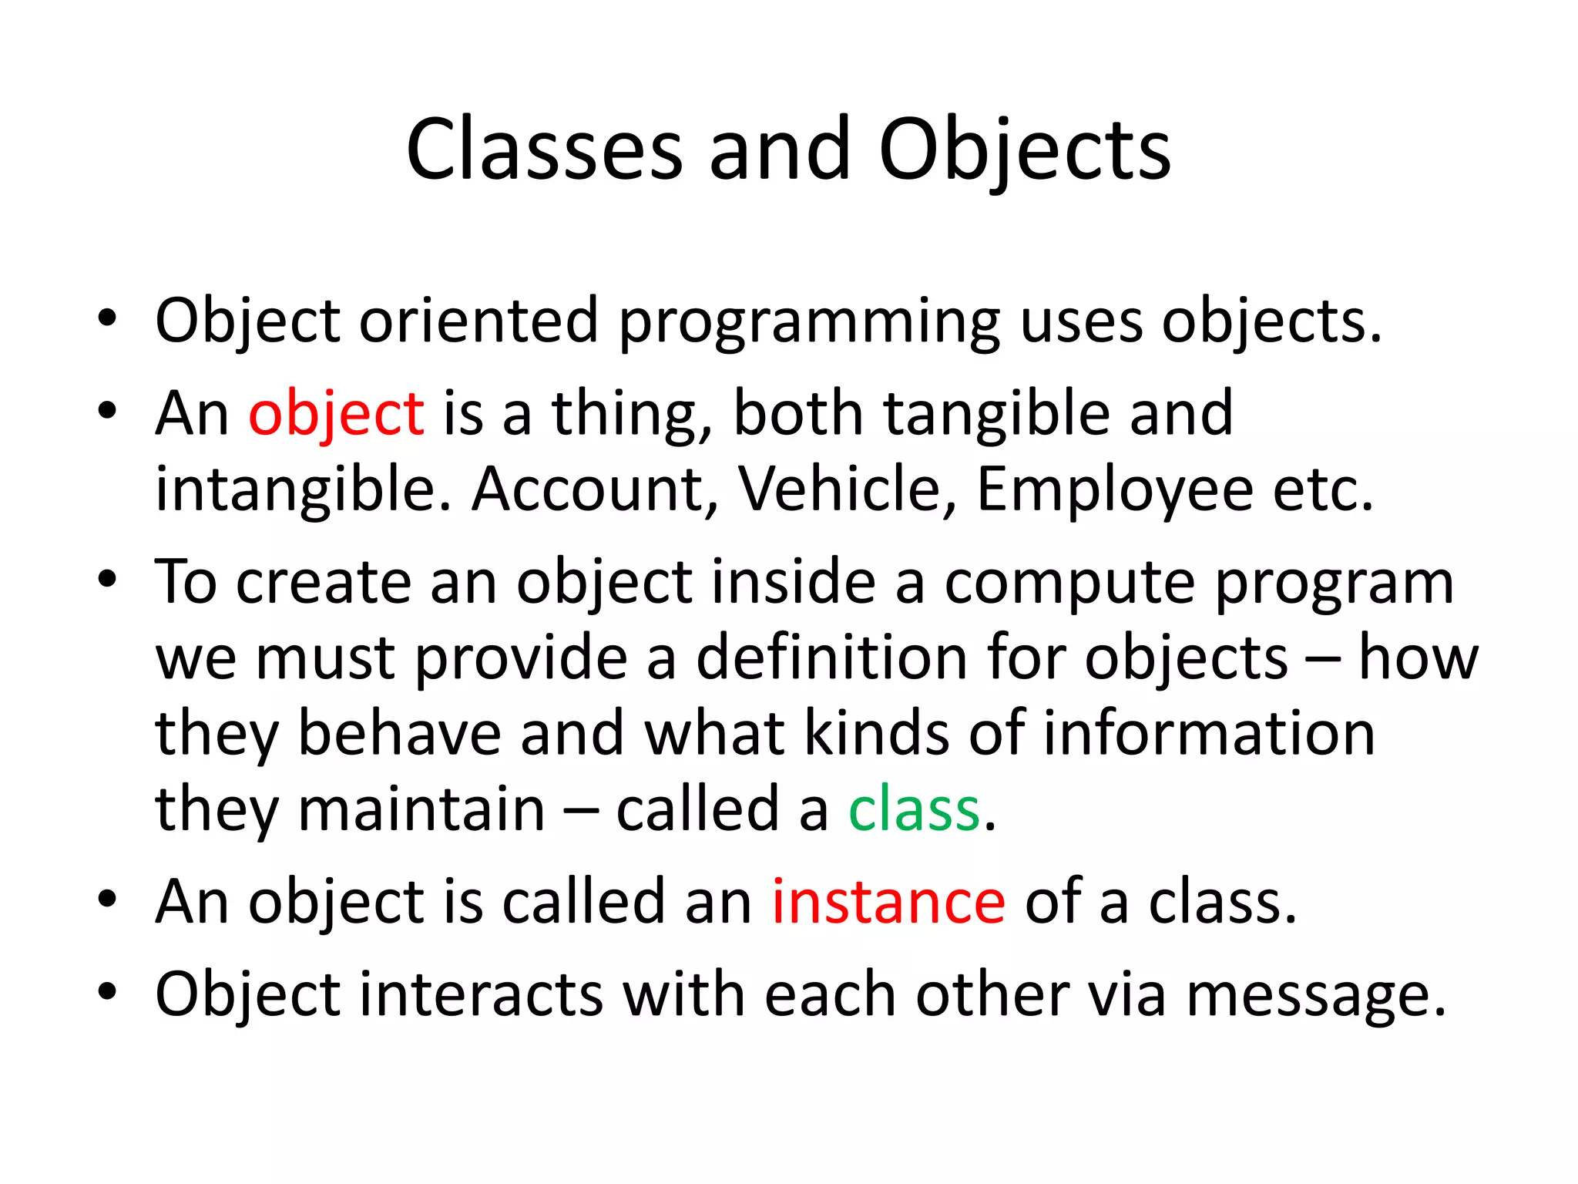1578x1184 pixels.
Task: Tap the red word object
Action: pyautogui.click(x=336, y=414)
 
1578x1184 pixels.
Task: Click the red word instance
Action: pyautogui.click(x=888, y=902)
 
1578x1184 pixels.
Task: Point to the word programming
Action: pyautogui.click(x=809, y=322)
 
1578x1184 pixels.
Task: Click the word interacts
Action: pyautogui.click(x=481, y=994)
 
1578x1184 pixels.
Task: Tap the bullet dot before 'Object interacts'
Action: pyautogui.click(x=107, y=991)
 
